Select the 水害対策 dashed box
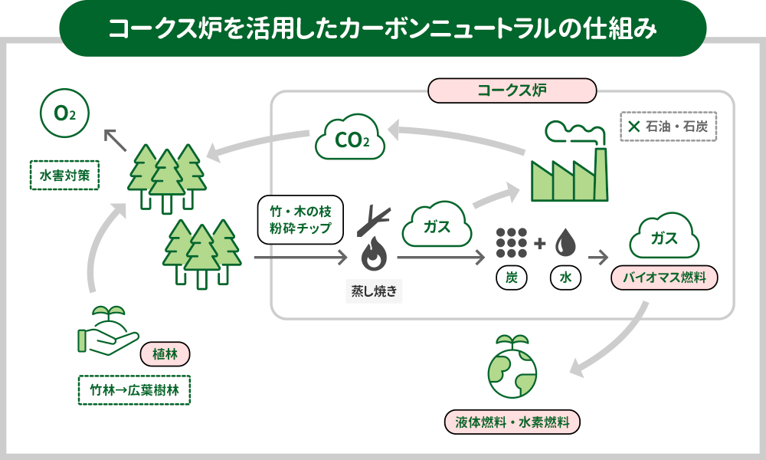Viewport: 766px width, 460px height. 65,175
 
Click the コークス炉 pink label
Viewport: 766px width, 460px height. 512,90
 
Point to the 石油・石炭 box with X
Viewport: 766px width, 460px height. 667,126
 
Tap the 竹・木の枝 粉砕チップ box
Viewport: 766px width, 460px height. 300,222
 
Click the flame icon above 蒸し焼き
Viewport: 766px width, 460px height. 374,252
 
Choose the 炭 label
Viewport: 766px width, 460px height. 511,278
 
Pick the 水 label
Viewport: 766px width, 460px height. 566,278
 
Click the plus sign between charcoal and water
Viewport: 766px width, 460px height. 539,244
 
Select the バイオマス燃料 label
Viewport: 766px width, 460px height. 664,278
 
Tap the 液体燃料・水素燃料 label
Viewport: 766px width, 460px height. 512,422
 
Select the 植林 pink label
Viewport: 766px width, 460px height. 165,354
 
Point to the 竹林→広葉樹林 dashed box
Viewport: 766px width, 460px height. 134,389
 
